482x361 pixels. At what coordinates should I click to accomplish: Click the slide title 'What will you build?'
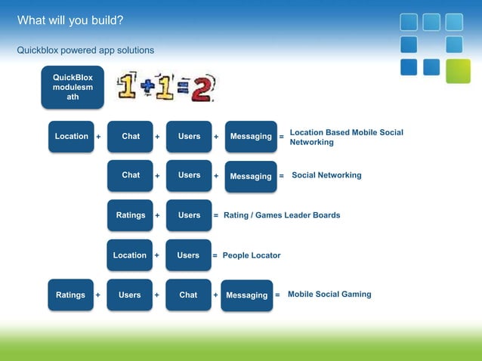[x=70, y=19]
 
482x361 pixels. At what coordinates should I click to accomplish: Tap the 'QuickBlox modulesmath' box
[x=73, y=87]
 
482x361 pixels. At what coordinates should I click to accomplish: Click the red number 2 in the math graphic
[x=201, y=88]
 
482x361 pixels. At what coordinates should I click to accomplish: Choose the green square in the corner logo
[x=457, y=71]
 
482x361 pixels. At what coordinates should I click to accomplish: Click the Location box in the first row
[x=72, y=137]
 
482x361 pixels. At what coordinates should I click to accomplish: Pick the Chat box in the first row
[x=131, y=137]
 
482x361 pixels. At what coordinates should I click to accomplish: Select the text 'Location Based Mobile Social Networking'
[x=346, y=137]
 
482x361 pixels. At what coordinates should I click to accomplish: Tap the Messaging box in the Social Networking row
[x=251, y=176]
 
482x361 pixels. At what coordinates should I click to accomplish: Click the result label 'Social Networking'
[x=326, y=175]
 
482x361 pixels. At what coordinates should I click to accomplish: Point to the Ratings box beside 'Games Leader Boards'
[x=131, y=215]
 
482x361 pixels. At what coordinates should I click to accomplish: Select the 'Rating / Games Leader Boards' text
[x=282, y=215]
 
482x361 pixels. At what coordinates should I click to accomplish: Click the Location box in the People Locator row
[x=130, y=255]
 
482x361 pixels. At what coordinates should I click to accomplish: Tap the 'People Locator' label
[x=251, y=255]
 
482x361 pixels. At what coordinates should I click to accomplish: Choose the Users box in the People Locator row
[x=188, y=255]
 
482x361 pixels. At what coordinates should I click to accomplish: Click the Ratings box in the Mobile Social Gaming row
[x=71, y=295]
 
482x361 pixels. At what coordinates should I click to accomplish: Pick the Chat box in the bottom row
[x=188, y=295]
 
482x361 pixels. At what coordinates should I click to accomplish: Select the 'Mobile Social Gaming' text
[x=329, y=295]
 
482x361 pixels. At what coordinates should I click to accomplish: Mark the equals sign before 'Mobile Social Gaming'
[x=277, y=295]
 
